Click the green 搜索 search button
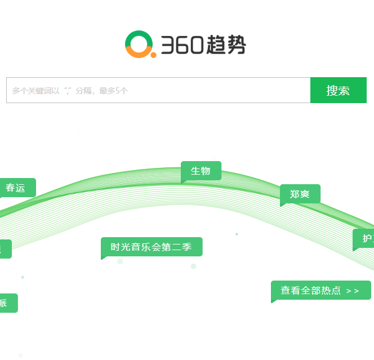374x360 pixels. click(x=338, y=90)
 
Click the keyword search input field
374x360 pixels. click(x=158, y=90)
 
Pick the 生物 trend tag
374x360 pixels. click(x=201, y=171)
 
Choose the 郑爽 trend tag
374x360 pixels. click(x=300, y=194)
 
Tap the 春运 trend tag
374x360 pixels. click(x=16, y=188)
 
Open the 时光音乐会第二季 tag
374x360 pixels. click(x=151, y=247)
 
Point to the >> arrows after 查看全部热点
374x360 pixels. click(x=353, y=291)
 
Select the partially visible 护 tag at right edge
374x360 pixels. click(x=365, y=238)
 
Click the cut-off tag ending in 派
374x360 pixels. click(x=6, y=303)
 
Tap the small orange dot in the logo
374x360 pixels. click(x=153, y=55)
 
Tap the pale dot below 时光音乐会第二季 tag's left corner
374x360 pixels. click(x=120, y=261)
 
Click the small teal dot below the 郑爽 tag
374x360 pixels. click(x=237, y=234)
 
